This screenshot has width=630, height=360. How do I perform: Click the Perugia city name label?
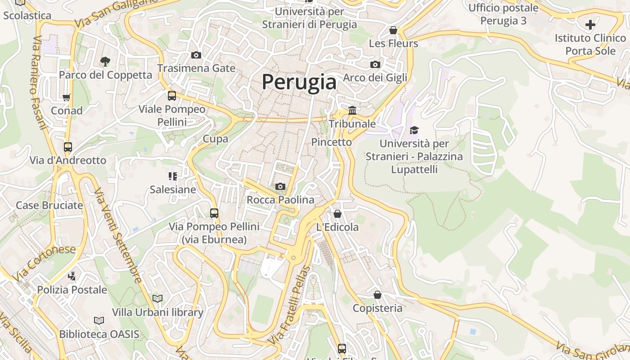299,82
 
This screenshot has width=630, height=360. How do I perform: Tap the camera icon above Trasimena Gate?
196,55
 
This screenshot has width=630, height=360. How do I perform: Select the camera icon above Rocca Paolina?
280,186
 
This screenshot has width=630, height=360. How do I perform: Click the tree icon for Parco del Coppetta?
105,61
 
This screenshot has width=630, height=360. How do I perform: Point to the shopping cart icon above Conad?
67,97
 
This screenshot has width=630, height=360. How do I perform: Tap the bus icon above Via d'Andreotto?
68,147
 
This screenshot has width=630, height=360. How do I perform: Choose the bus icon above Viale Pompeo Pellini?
172,95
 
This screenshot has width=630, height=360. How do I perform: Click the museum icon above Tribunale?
352,110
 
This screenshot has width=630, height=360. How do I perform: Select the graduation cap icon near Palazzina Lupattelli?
414,130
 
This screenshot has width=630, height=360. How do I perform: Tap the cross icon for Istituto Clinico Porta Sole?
590,24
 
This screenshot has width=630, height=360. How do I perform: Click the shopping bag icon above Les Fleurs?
393,30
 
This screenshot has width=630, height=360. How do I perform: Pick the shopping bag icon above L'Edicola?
337,214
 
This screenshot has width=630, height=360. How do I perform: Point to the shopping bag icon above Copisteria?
378,295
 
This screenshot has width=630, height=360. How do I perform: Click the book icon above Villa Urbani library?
157,298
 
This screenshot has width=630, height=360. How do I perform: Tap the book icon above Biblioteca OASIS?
99,320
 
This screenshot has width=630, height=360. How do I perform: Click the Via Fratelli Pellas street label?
290,306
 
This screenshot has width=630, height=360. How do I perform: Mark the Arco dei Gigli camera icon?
375,64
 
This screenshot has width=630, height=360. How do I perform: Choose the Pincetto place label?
332,142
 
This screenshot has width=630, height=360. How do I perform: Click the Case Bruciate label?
49,205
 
